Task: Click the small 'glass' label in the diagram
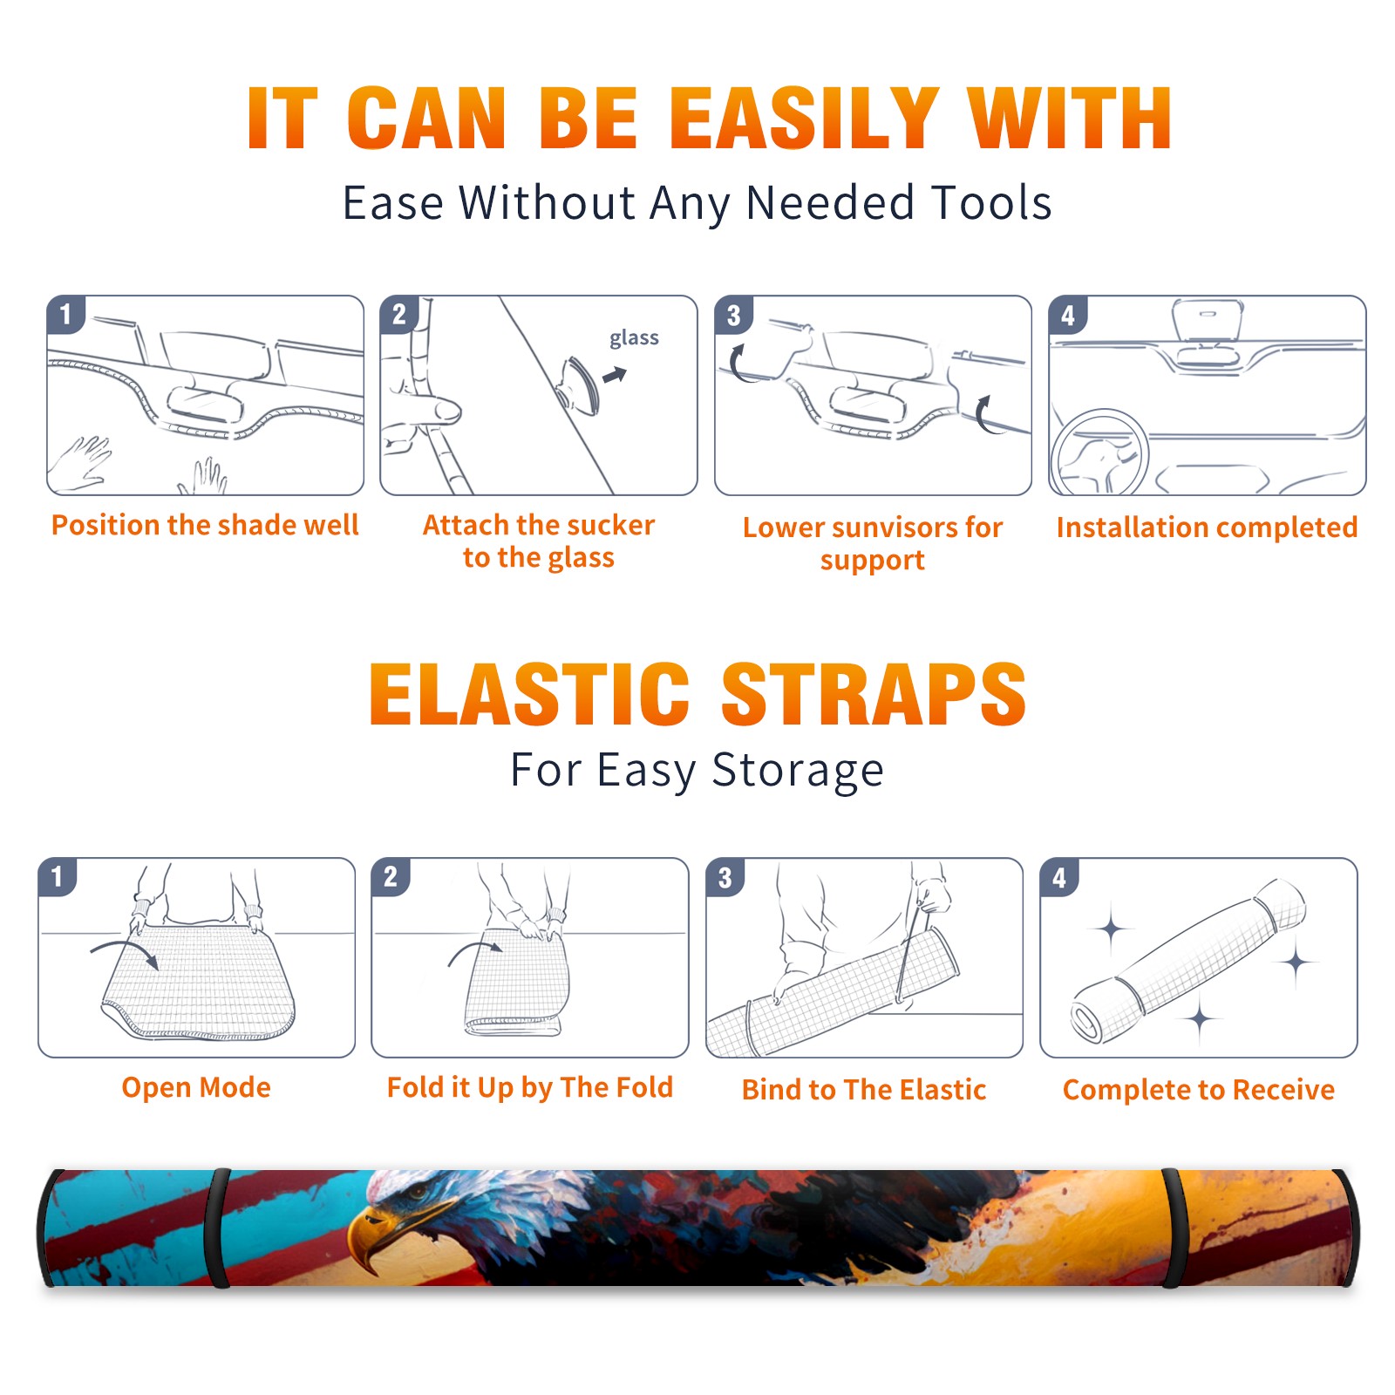click(x=634, y=338)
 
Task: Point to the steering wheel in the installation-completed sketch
click(x=1099, y=453)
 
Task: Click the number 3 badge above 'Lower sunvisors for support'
click(x=733, y=315)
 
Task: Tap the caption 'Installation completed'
click(x=1207, y=527)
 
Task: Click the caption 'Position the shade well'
click(x=205, y=525)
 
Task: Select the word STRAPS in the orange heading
click(x=874, y=694)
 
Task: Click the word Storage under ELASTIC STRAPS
click(x=798, y=771)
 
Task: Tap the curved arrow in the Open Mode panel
click(x=124, y=952)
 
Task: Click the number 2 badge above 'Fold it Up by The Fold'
click(x=390, y=876)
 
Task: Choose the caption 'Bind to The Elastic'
click(x=864, y=1090)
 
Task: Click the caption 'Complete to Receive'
click(x=1199, y=1090)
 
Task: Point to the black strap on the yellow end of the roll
click(x=1173, y=1228)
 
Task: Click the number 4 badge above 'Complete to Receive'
click(x=1058, y=876)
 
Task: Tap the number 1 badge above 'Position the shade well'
click(x=65, y=314)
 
